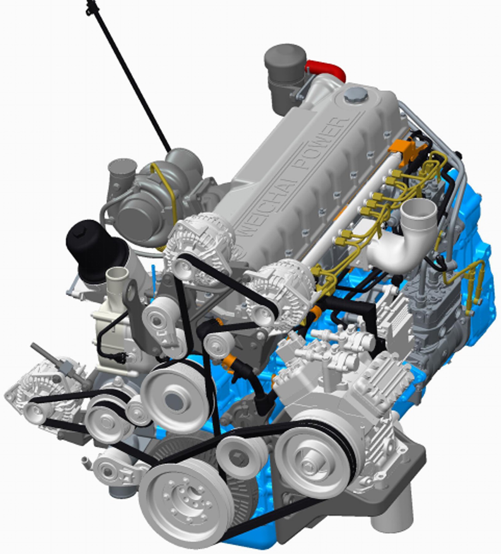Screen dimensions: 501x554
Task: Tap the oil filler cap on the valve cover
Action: click(x=355, y=94)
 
